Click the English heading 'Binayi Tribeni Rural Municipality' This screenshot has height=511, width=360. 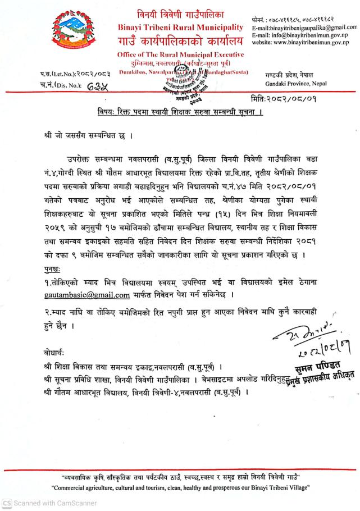180,27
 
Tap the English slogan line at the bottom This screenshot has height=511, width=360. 180,487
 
